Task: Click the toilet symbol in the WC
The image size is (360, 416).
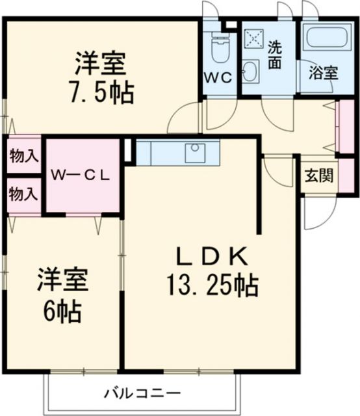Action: point(220,46)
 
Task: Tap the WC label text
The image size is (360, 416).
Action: point(218,76)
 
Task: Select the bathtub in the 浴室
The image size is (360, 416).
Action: point(328,39)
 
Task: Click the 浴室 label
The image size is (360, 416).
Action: point(322,73)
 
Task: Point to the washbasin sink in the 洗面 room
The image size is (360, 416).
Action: point(251,71)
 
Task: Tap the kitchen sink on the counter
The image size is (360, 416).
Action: point(194,153)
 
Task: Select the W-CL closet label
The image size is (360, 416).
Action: point(81,175)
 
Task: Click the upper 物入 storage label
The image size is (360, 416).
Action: point(23,156)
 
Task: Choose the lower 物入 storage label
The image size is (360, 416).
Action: point(23,194)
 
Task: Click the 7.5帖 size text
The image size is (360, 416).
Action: point(101,92)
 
